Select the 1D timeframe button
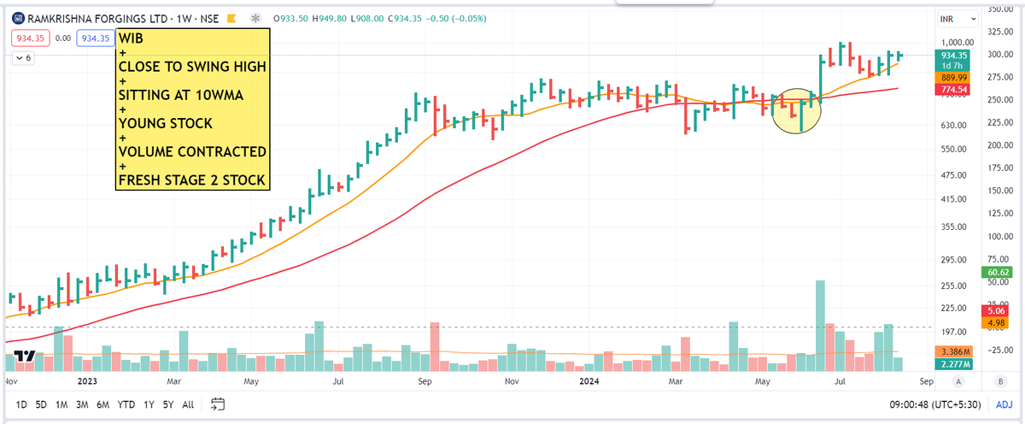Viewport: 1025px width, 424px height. [x=22, y=404]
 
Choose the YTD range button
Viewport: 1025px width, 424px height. [x=126, y=404]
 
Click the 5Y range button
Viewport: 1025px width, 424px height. [x=168, y=404]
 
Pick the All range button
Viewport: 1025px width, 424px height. [x=188, y=404]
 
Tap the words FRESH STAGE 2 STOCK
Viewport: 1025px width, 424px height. [x=192, y=180]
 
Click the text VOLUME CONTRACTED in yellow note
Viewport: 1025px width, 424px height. [x=192, y=151]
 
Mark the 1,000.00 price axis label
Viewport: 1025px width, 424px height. [x=958, y=42]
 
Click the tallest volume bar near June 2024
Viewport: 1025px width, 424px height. [x=820, y=326]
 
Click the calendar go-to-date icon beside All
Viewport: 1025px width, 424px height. [x=217, y=404]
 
